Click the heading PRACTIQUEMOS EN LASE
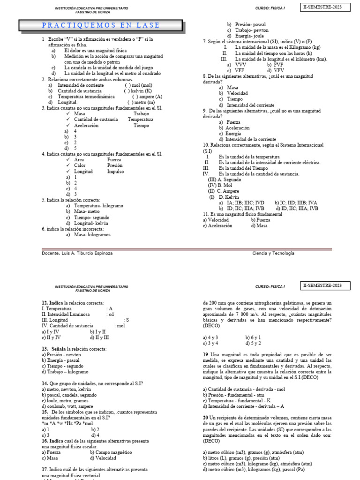pyautogui.click(x=101, y=25)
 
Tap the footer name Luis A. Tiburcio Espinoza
pyautogui.click(x=86, y=253)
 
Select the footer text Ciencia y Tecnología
pyautogui.click(x=273, y=253)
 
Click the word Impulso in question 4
pyautogui.click(x=115, y=172)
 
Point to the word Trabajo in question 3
pyautogui.click(x=141, y=114)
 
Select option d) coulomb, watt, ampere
pyautogui.click(x=67, y=406)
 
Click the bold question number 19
pyautogui.click(x=205, y=354)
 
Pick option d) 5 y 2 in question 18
pyautogui.click(x=253, y=343)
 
